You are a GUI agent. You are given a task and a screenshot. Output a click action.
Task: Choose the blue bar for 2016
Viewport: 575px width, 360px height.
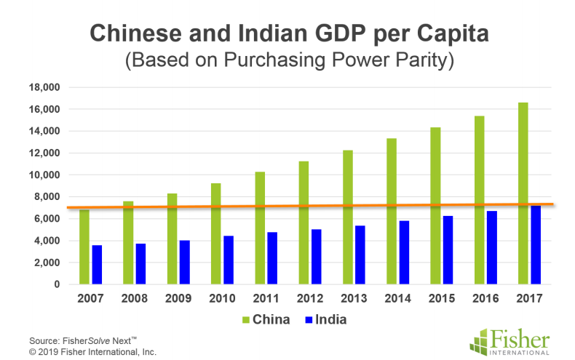pyautogui.click(x=492, y=247)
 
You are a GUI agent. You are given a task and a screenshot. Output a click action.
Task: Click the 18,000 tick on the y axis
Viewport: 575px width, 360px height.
pyautogui.click(x=44, y=87)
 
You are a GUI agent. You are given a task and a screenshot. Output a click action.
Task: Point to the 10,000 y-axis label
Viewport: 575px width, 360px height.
pyautogui.click(x=44, y=175)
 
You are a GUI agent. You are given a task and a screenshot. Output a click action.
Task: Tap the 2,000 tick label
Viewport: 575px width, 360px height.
pyautogui.click(x=47, y=263)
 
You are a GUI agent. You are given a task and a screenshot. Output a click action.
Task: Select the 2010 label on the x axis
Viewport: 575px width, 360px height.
pyautogui.click(x=223, y=298)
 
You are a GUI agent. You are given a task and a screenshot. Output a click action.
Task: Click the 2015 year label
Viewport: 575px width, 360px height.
pyautogui.click(x=442, y=298)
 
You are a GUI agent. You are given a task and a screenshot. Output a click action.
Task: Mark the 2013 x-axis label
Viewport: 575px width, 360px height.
pyautogui.click(x=354, y=298)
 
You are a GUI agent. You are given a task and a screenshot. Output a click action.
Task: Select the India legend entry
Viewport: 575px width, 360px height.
pyautogui.click(x=325, y=319)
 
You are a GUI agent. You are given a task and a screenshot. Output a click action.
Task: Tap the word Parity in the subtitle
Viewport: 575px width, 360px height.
pyautogui.click(x=421, y=60)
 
